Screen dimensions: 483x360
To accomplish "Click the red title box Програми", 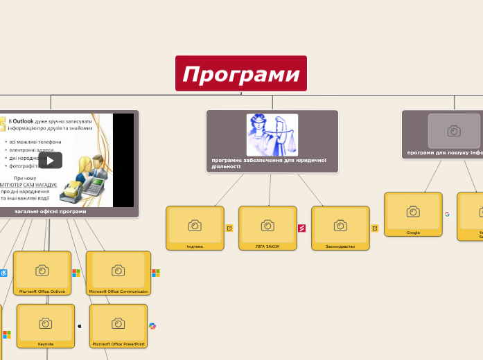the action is pos(241,73).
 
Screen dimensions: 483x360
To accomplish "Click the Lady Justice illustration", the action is pos(272,135).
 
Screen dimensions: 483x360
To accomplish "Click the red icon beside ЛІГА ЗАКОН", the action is pos(302,228).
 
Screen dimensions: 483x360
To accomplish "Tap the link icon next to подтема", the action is pos(229,228).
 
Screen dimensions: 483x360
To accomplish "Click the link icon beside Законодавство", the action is pos(375,228).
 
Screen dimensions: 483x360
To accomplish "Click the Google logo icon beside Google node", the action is pos(448,214).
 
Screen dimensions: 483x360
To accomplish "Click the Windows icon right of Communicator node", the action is pos(156,273).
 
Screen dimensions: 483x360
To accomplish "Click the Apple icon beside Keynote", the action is pos(80,325).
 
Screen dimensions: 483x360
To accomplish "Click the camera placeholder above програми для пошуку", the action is pos(454,131).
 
